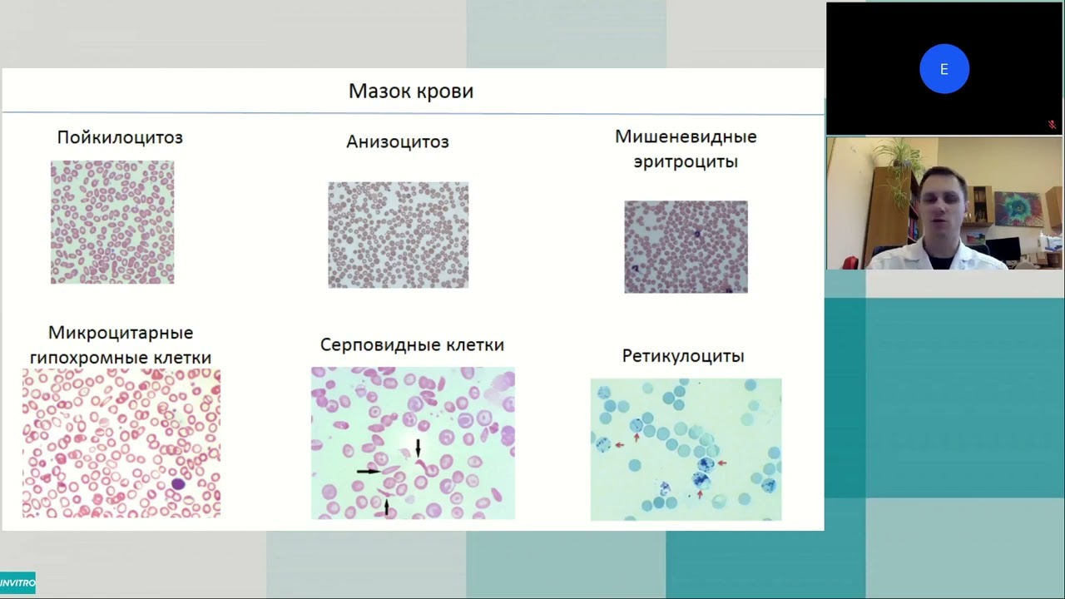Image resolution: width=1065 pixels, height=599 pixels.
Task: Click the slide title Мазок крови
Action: pos(411,91)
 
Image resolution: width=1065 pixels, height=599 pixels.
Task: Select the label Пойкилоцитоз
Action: pos(120,137)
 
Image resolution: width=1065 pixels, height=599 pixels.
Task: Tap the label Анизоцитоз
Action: pos(398,141)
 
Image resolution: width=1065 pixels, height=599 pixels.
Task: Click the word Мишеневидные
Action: pos(686,137)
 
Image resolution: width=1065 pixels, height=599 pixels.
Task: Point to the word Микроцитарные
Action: pos(121,333)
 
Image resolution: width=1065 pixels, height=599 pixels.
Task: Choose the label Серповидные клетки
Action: pos(412,344)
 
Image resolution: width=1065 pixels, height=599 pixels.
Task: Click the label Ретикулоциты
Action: pos(683,356)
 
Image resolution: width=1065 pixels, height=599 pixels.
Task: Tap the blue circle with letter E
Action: pos(944,69)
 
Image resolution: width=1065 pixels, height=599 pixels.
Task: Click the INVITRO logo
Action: pos(17,583)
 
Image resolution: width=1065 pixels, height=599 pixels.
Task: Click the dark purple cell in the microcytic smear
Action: pos(178,484)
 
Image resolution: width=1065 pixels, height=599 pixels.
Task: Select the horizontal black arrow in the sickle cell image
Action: pos(369,471)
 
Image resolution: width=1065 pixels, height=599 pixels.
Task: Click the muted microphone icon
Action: pos(1052,125)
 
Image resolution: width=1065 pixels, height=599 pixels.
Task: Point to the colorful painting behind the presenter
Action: pos(1019,208)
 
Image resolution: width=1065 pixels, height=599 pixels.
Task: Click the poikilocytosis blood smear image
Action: pos(112,222)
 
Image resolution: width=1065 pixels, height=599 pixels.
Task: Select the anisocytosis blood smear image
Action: pos(399,235)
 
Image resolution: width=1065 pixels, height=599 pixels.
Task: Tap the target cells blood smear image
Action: pos(686,247)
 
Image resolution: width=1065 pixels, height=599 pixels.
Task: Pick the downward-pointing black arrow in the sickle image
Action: pos(418,448)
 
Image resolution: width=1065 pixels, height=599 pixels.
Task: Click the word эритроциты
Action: pos(686,161)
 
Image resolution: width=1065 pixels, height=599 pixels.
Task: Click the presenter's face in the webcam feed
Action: pos(944,205)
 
